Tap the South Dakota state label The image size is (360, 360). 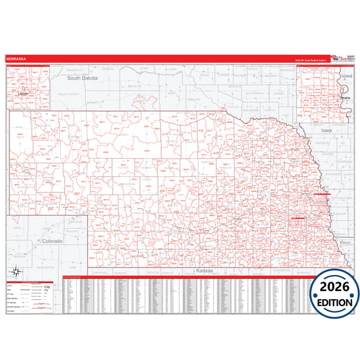(82, 78)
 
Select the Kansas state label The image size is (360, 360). (203, 270)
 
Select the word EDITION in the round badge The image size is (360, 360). (336, 302)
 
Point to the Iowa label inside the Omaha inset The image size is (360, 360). (346, 77)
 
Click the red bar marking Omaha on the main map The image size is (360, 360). (322, 193)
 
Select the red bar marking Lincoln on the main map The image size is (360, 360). (299, 219)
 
